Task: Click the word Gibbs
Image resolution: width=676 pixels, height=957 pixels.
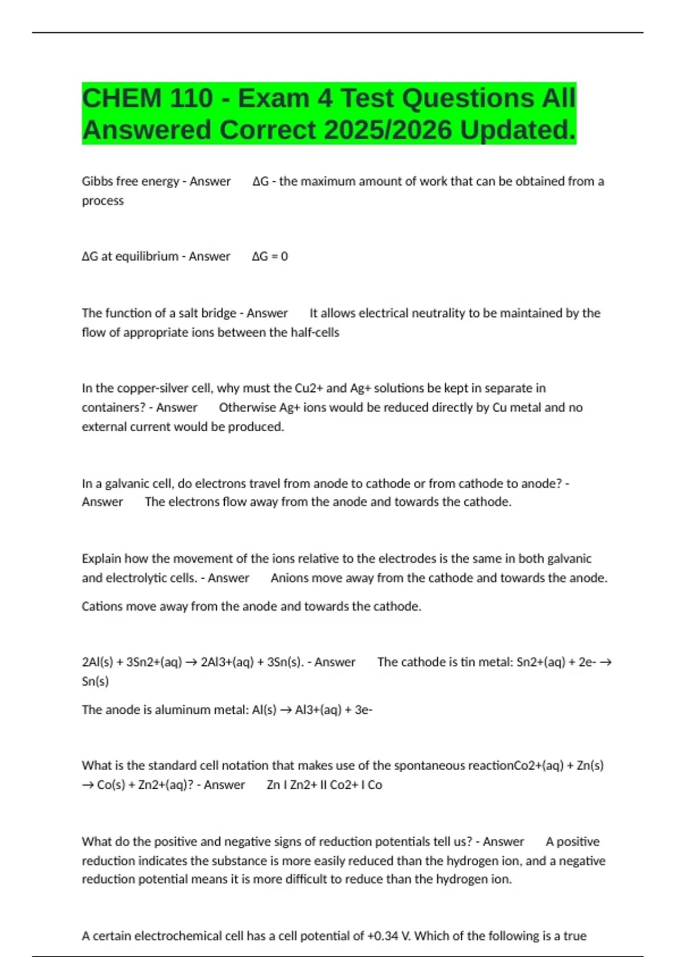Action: pos(97,181)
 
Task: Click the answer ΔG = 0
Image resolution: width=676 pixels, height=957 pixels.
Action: pos(270,256)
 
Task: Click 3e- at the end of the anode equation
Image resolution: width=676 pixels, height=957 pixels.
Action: pos(363,709)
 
